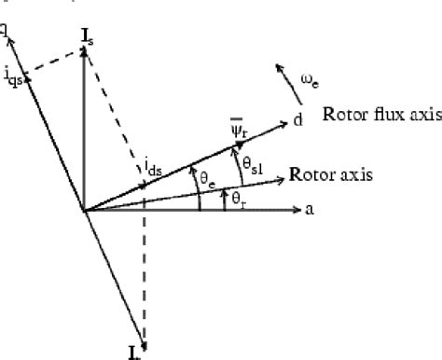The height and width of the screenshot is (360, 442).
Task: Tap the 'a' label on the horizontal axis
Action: coord(309,211)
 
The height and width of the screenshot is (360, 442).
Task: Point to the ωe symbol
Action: coord(311,85)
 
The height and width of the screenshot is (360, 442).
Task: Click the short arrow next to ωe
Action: coord(280,71)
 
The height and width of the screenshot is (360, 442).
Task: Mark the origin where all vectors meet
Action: coord(85,211)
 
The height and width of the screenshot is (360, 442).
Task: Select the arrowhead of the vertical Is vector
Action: coord(85,53)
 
